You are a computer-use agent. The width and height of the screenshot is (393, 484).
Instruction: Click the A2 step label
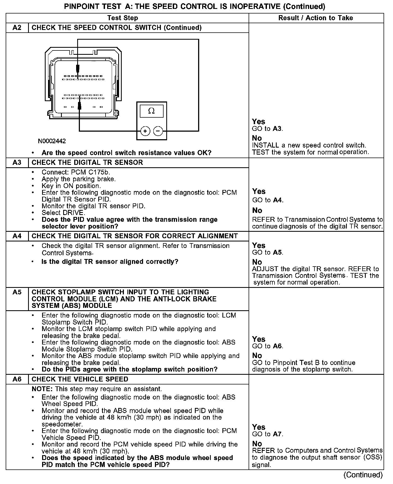pyautogui.click(x=17, y=28)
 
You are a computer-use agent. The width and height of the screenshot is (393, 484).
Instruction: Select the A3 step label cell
pyautogui.click(x=17, y=163)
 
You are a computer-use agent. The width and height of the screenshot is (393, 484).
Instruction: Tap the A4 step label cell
pyautogui.click(x=17, y=236)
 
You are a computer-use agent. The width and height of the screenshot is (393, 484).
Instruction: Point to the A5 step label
pyautogui.click(x=17, y=292)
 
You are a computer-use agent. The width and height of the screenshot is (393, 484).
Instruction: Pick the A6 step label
pyautogui.click(x=17, y=379)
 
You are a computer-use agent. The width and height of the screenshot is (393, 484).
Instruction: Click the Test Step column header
pyautogui.click(x=123, y=18)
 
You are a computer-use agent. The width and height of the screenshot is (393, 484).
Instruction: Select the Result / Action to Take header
pyautogui.click(x=316, y=18)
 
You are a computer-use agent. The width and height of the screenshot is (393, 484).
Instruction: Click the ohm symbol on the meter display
pyautogui.click(x=151, y=111)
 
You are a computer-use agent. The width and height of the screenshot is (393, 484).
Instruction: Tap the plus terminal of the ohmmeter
pyautogui.click(x=145, y=131)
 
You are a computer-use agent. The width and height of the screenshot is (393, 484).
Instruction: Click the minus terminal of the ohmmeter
pyautogui.click(x=158, y=131)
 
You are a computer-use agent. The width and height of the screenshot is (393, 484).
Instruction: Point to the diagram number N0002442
pyautogui.click(x=52, y=141)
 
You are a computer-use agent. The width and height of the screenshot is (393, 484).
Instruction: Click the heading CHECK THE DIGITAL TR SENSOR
pyautogui.click(x=87, y=163)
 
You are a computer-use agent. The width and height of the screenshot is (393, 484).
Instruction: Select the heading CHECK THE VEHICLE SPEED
pyautogui.click(x=80, y=379)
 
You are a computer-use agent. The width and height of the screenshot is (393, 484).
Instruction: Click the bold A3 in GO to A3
pyautogui.click(x=277, y=129)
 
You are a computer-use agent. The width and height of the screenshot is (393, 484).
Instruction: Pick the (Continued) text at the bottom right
pyautogui.click(x=363, y=475)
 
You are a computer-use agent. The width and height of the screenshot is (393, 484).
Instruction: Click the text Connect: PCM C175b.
pyautogui.click(x=76, y=172)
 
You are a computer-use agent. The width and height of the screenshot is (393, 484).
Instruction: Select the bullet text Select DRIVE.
pyautogui.click(x=63, y=213)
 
